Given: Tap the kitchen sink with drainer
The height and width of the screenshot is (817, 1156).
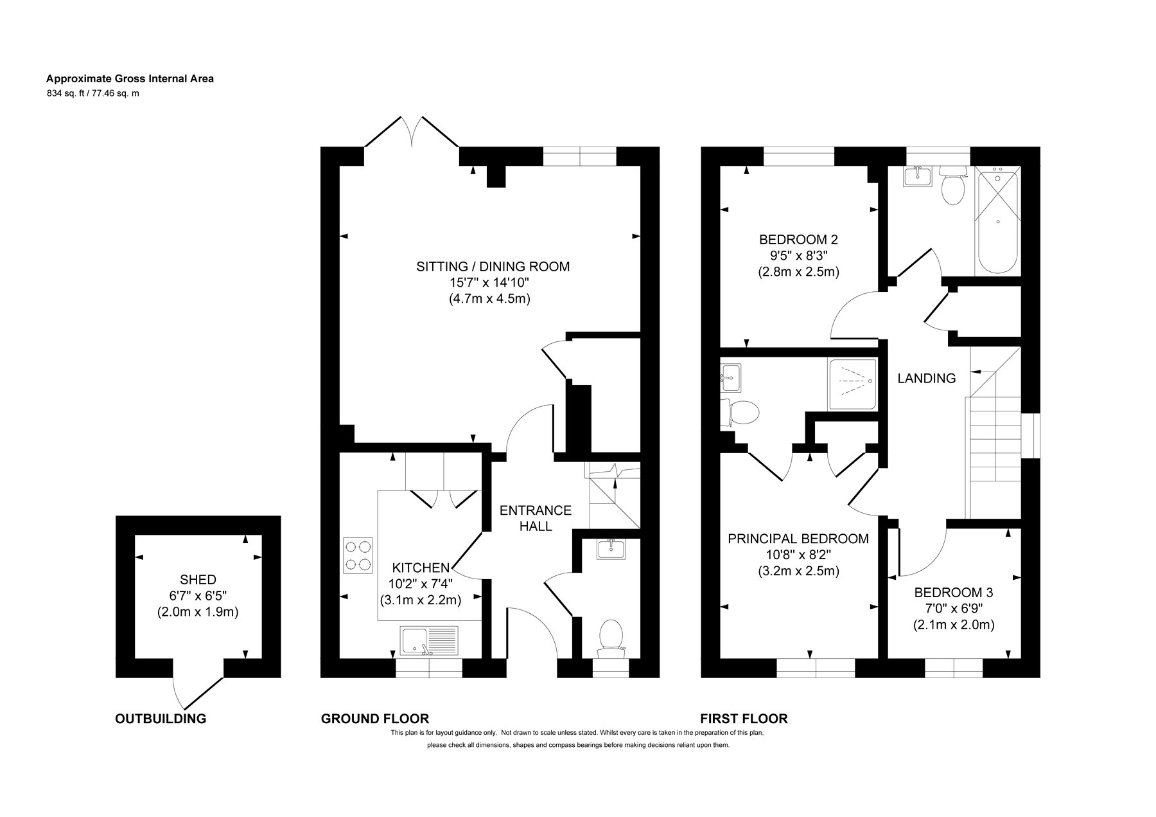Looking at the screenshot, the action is pos(428,642).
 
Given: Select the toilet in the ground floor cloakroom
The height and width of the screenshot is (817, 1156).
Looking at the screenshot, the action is pos(611,639).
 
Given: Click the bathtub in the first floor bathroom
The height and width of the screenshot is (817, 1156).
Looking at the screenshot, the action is pos(997,221).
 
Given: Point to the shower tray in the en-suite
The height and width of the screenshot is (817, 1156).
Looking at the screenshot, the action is pos(852,384).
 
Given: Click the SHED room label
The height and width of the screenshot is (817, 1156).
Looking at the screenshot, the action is pos(198,579).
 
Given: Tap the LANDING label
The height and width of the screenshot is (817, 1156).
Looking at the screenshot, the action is pos(926,379).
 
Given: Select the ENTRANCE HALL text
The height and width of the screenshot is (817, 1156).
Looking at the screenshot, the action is pos(536,518).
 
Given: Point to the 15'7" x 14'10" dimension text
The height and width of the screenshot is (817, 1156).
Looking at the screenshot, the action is pos(489,282).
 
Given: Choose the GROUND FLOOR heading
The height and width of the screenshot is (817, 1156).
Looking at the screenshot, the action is pos(375,719).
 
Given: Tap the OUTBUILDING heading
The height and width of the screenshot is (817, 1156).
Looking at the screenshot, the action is pos(161,719).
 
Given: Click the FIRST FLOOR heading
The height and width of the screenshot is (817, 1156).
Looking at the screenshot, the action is pos(744,719).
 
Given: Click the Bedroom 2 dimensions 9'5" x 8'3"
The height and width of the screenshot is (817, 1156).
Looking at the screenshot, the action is pos(798,255).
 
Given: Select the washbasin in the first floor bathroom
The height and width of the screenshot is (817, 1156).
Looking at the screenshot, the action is pos(918,175).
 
